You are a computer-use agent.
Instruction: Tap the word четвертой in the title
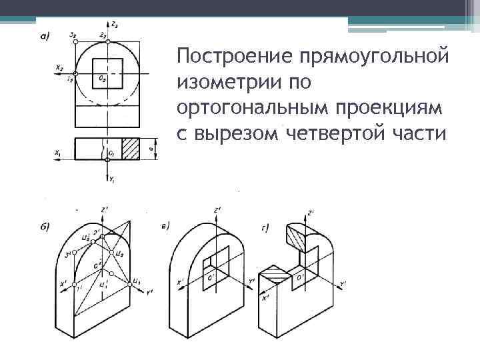(x=331, y=133)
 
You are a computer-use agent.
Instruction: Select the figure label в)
(x=165, y=225)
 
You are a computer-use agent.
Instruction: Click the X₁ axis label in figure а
(x=59, y=153)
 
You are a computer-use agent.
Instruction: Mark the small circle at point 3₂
(x=76, y=41)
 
